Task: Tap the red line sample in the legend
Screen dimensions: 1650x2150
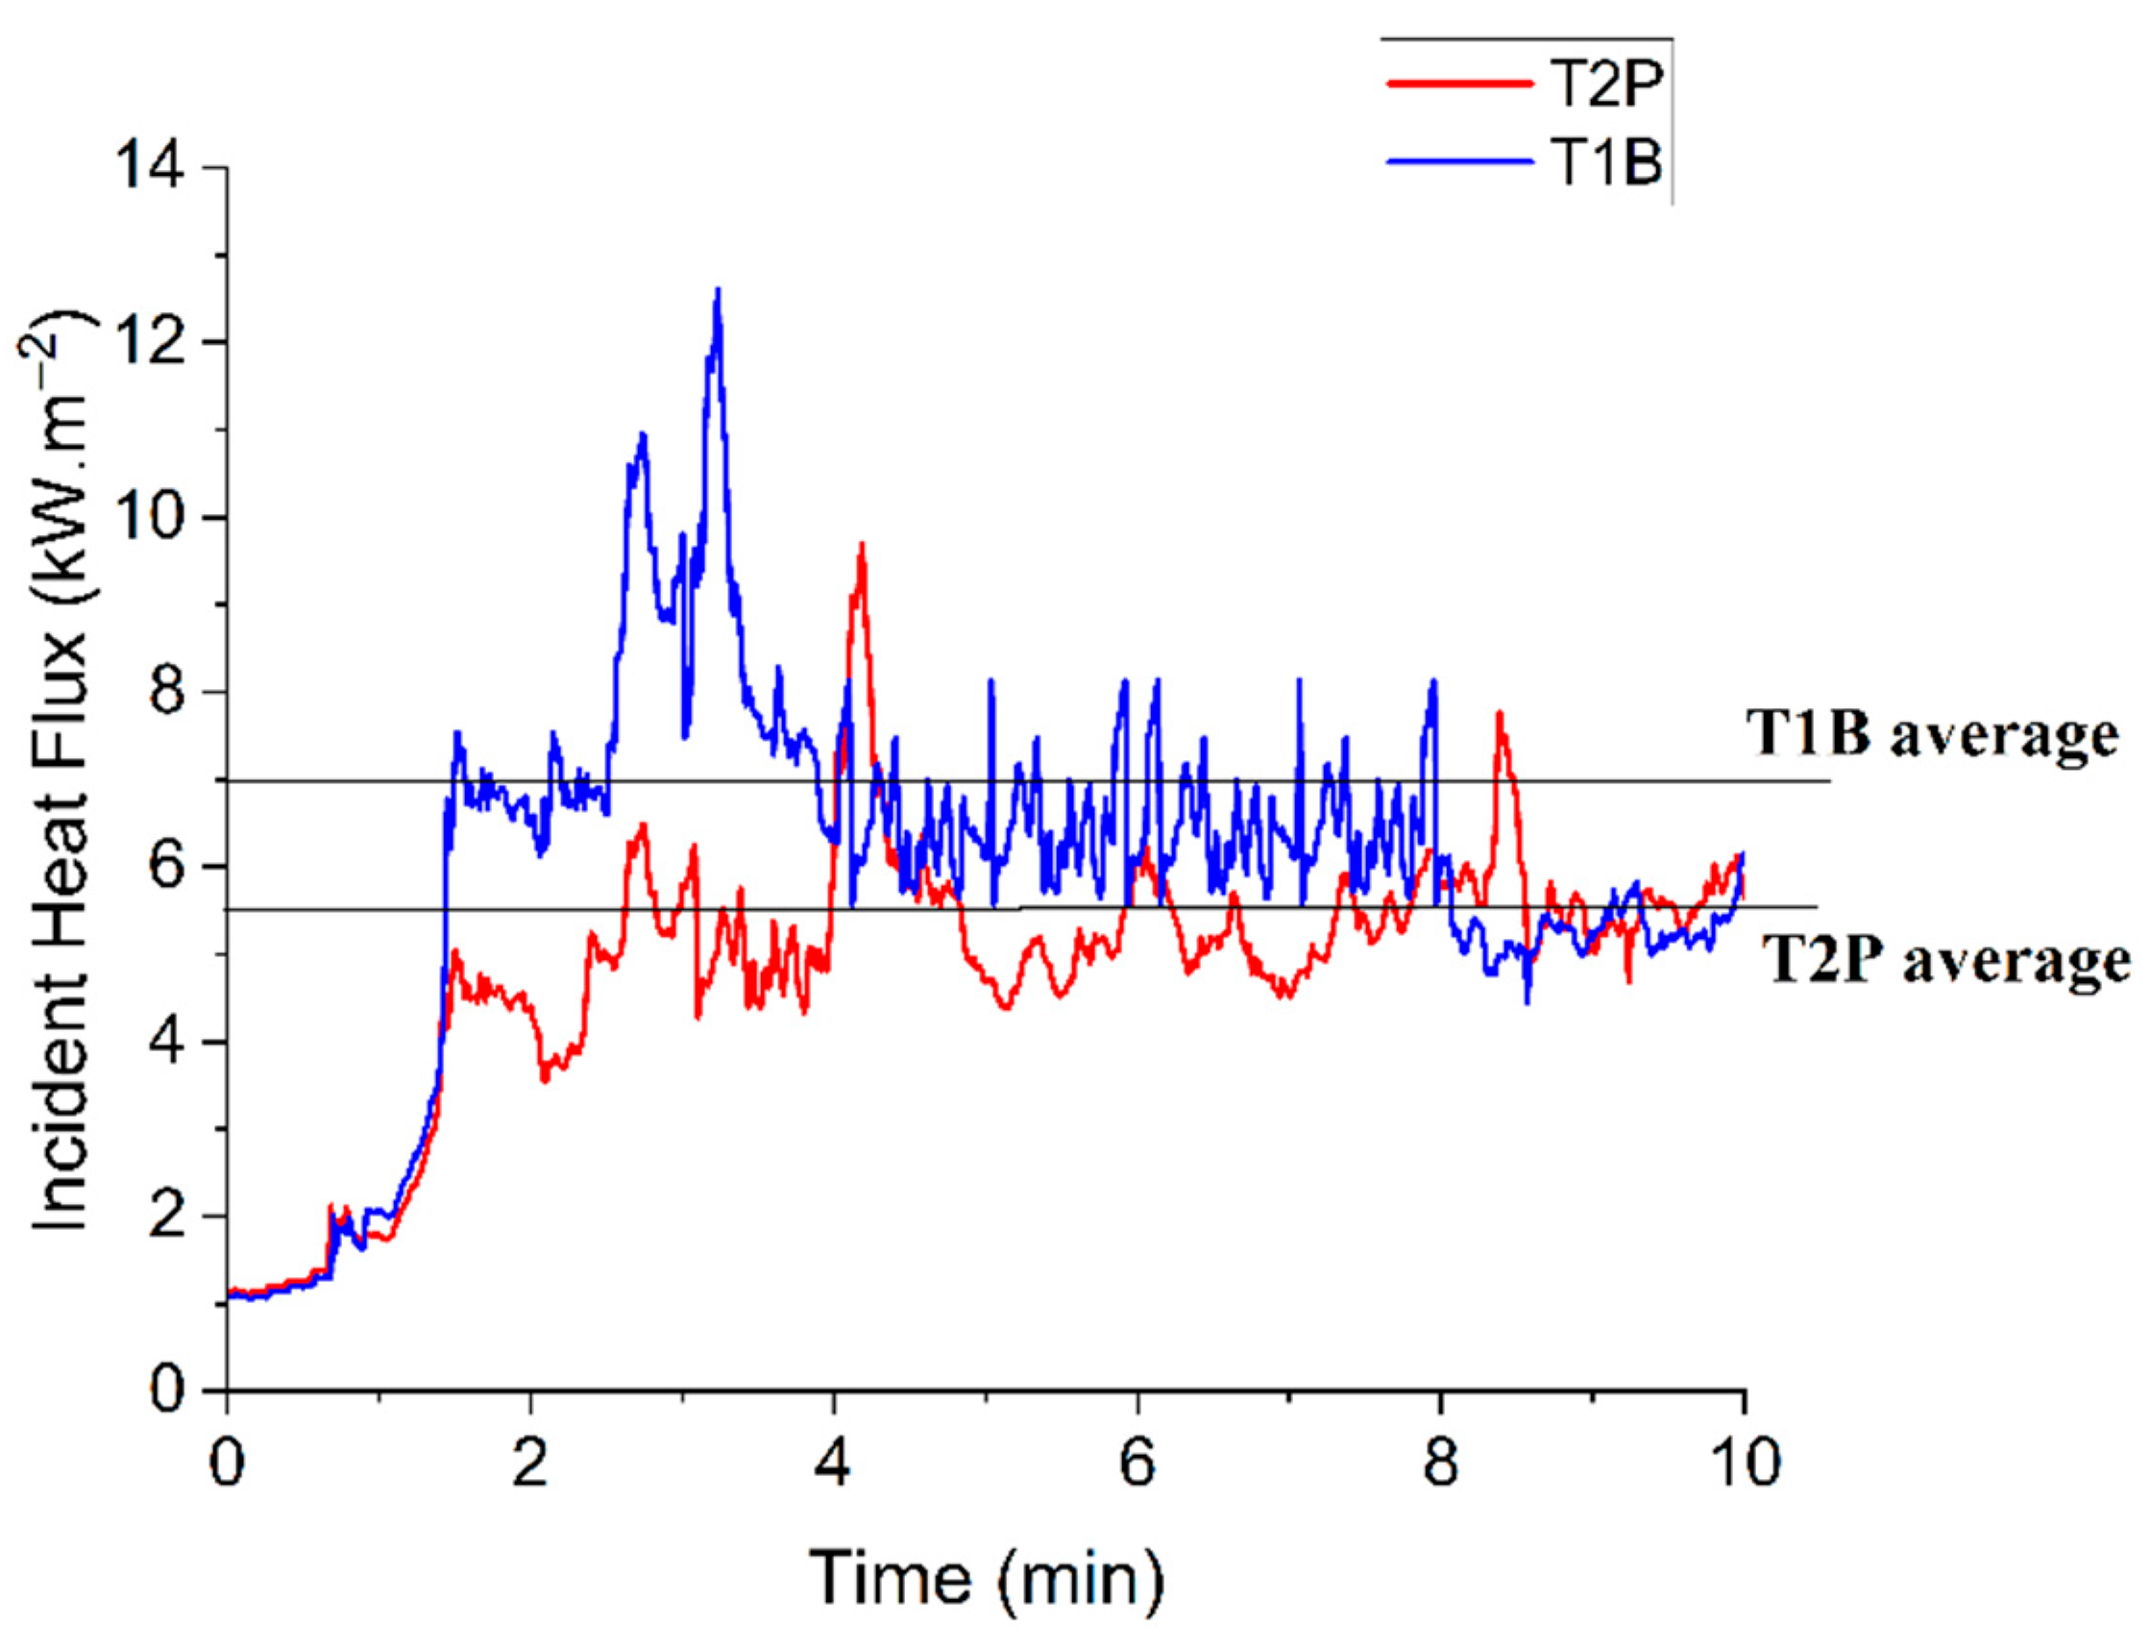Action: [1459, 84]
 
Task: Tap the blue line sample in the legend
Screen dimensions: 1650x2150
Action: [1459, 162]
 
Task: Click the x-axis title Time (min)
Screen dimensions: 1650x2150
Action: [986, 1578]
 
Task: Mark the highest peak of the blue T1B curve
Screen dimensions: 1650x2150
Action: [718, 291]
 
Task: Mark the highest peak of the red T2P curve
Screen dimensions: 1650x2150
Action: [861, 545]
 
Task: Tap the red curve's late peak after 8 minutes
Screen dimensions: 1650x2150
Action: [1499, 715]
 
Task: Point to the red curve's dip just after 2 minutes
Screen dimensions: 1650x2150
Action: [545, 1080]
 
